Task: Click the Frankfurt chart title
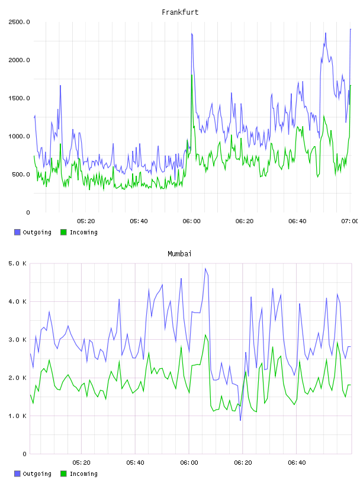180,12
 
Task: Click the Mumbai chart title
179,253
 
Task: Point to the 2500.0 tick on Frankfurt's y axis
19,22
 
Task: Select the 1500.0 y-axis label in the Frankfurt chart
19,98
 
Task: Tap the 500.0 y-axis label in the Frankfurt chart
21,175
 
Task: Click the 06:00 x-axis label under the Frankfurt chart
191,221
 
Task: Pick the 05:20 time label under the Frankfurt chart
86,221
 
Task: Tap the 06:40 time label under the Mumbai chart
297,463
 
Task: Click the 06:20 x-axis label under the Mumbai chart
243,463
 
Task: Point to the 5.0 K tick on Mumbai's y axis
17,263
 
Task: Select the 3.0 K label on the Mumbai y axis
17,340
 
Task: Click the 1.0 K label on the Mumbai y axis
17,416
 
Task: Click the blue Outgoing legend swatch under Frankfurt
17,232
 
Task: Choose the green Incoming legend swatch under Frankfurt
63,232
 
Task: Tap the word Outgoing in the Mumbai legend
37,474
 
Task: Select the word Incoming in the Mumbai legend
83,474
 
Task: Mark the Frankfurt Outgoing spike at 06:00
192,34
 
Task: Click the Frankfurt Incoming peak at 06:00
192,75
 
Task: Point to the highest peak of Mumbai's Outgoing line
205,268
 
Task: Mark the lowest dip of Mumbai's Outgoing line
240,420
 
